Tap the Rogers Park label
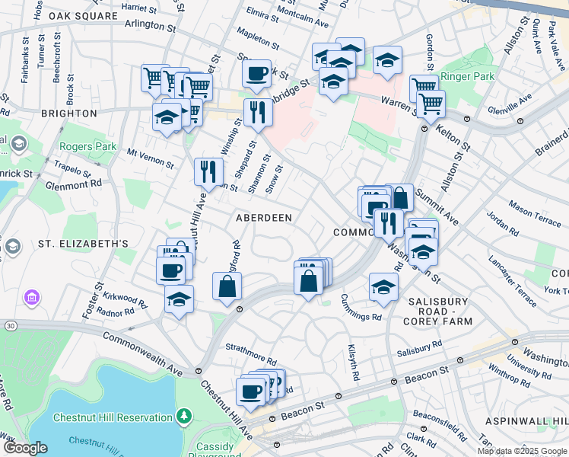88,146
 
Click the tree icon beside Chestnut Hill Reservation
183,416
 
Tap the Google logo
27,448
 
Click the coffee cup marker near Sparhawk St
257,74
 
